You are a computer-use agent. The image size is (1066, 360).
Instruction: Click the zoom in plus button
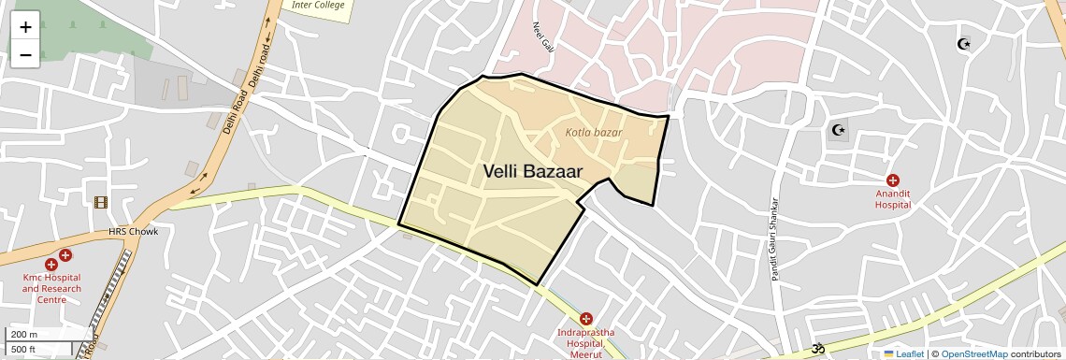coord(25,27)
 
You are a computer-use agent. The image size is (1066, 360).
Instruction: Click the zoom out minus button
coord(25,55)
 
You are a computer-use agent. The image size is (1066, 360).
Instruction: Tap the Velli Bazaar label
coord(533,172)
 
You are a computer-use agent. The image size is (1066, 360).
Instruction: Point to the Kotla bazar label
coord(593,133)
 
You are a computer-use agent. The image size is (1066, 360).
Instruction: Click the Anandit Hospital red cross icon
coord(893,180)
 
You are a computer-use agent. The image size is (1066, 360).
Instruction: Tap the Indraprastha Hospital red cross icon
coord(586,319)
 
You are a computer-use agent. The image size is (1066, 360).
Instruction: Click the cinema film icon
coord(100,202)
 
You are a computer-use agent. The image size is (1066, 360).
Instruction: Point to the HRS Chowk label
coord(134,232)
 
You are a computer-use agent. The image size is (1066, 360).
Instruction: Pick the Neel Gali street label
coord(543,37)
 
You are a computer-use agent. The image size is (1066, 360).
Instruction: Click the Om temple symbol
coord(818,349)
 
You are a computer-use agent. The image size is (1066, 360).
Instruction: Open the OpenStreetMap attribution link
coord(973,353)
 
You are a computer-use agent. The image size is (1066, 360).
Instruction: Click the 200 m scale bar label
coord(25,335)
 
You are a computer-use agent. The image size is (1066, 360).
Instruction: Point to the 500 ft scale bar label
coord(24,350)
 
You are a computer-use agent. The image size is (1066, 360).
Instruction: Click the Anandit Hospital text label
coord(893,199)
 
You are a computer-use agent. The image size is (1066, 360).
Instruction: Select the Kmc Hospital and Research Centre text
coord(51,288)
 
